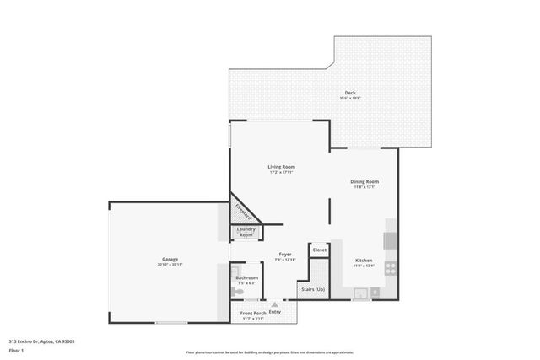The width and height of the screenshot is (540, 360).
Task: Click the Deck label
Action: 349,93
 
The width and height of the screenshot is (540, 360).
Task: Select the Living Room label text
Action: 282,167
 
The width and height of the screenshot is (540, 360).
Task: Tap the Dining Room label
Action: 364,181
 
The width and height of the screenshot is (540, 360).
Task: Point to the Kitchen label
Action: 364,261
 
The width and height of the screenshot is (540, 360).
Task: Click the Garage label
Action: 170,259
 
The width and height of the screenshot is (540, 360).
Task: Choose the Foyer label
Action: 285,254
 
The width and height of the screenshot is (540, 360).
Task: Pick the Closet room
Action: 319,250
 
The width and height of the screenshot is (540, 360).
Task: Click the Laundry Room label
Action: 246,232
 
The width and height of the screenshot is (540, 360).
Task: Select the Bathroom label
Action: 246,277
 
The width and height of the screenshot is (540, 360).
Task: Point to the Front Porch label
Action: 254,313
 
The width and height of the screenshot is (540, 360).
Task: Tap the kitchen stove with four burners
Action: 391,269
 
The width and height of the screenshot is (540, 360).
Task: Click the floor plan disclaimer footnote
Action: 270,352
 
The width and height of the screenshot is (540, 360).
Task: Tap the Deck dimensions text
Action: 349,99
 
